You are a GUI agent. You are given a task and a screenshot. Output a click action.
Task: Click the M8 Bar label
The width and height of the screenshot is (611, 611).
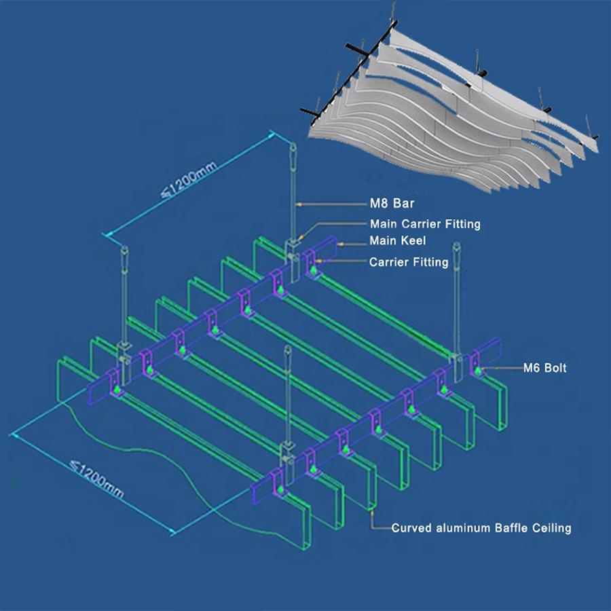pyautogui.click(x=392, y=203)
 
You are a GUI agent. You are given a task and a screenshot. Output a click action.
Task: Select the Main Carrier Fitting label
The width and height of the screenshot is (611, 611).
pyautogui.click(x=425, y=223)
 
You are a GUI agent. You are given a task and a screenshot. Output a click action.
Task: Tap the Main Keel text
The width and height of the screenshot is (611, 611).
pyautogui.click(x=397, y=240)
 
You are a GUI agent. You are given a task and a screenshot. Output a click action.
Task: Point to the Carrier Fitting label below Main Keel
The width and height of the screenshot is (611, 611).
pyautogui.click(x=409, y=262)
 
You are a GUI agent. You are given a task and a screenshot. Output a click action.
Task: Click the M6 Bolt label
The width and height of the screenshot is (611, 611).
pyautogui.click(x=544, y=368)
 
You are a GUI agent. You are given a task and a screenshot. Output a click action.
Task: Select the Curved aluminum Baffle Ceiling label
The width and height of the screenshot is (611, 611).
pyautogui.click(x=481, y=528)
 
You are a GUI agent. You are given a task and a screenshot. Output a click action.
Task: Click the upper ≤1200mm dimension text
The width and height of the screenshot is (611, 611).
pyautogui.click(x=189, y=179)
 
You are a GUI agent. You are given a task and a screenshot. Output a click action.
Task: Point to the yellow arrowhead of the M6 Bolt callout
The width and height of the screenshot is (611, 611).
pyautogui.click(x=485, y=368)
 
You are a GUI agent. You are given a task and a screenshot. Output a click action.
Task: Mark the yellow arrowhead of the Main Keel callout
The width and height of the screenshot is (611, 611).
pyautogui.click(x=341, y=244)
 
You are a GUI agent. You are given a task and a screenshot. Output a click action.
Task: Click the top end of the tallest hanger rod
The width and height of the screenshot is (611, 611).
pyautogui.click(x=292, y=145)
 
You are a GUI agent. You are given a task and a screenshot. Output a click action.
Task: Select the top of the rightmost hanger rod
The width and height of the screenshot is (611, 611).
pyautogui.click(x=456, y=244)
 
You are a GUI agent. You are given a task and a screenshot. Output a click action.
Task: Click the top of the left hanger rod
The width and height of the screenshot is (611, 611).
pyautogui.click(x=125, y=248)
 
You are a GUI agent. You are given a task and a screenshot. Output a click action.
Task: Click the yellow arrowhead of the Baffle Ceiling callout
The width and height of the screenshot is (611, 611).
pyautogui.click(x=372, y=514)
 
